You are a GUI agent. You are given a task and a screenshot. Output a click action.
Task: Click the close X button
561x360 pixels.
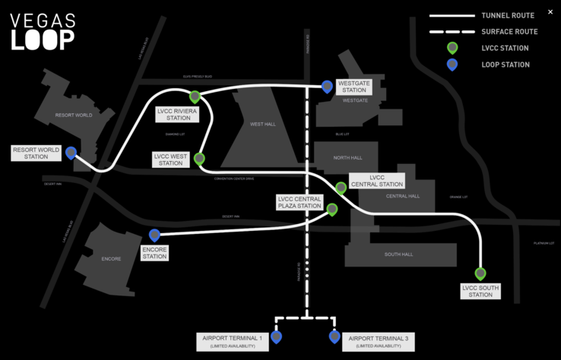point(550,12)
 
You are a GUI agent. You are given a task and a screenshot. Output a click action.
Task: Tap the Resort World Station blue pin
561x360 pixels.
point(71,153)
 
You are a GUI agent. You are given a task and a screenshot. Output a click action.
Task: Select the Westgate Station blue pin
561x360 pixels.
point(327,87)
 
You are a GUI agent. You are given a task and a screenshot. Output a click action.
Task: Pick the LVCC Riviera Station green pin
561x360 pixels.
point(195,96)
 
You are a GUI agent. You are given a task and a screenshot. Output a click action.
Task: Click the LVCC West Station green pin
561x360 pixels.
point(200,159)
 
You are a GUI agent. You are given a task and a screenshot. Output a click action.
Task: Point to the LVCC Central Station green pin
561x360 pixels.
point(341,188)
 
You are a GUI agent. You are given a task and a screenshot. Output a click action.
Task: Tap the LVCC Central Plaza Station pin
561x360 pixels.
point(332,209)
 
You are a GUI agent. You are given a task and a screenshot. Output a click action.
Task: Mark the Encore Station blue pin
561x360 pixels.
point(154,235)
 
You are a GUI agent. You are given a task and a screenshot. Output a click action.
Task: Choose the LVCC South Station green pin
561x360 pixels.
point(480,273)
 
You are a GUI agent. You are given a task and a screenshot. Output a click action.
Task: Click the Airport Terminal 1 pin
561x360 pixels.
point(276,336)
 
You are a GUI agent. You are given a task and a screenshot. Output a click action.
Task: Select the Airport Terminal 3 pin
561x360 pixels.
point(334,336)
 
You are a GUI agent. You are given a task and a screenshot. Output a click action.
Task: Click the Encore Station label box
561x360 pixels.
point(154,252)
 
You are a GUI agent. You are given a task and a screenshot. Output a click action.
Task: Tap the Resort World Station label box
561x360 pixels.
point(35,153)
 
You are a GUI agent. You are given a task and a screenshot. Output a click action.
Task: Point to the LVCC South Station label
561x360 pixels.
point(480,291)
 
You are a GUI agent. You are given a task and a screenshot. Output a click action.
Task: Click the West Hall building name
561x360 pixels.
point(263,124)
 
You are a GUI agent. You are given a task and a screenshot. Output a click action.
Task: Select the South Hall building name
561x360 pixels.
point(398,254)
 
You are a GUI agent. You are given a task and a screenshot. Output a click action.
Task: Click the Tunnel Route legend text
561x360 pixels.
point(507,15)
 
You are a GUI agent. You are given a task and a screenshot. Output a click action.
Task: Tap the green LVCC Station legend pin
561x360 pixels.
point(452,48)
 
